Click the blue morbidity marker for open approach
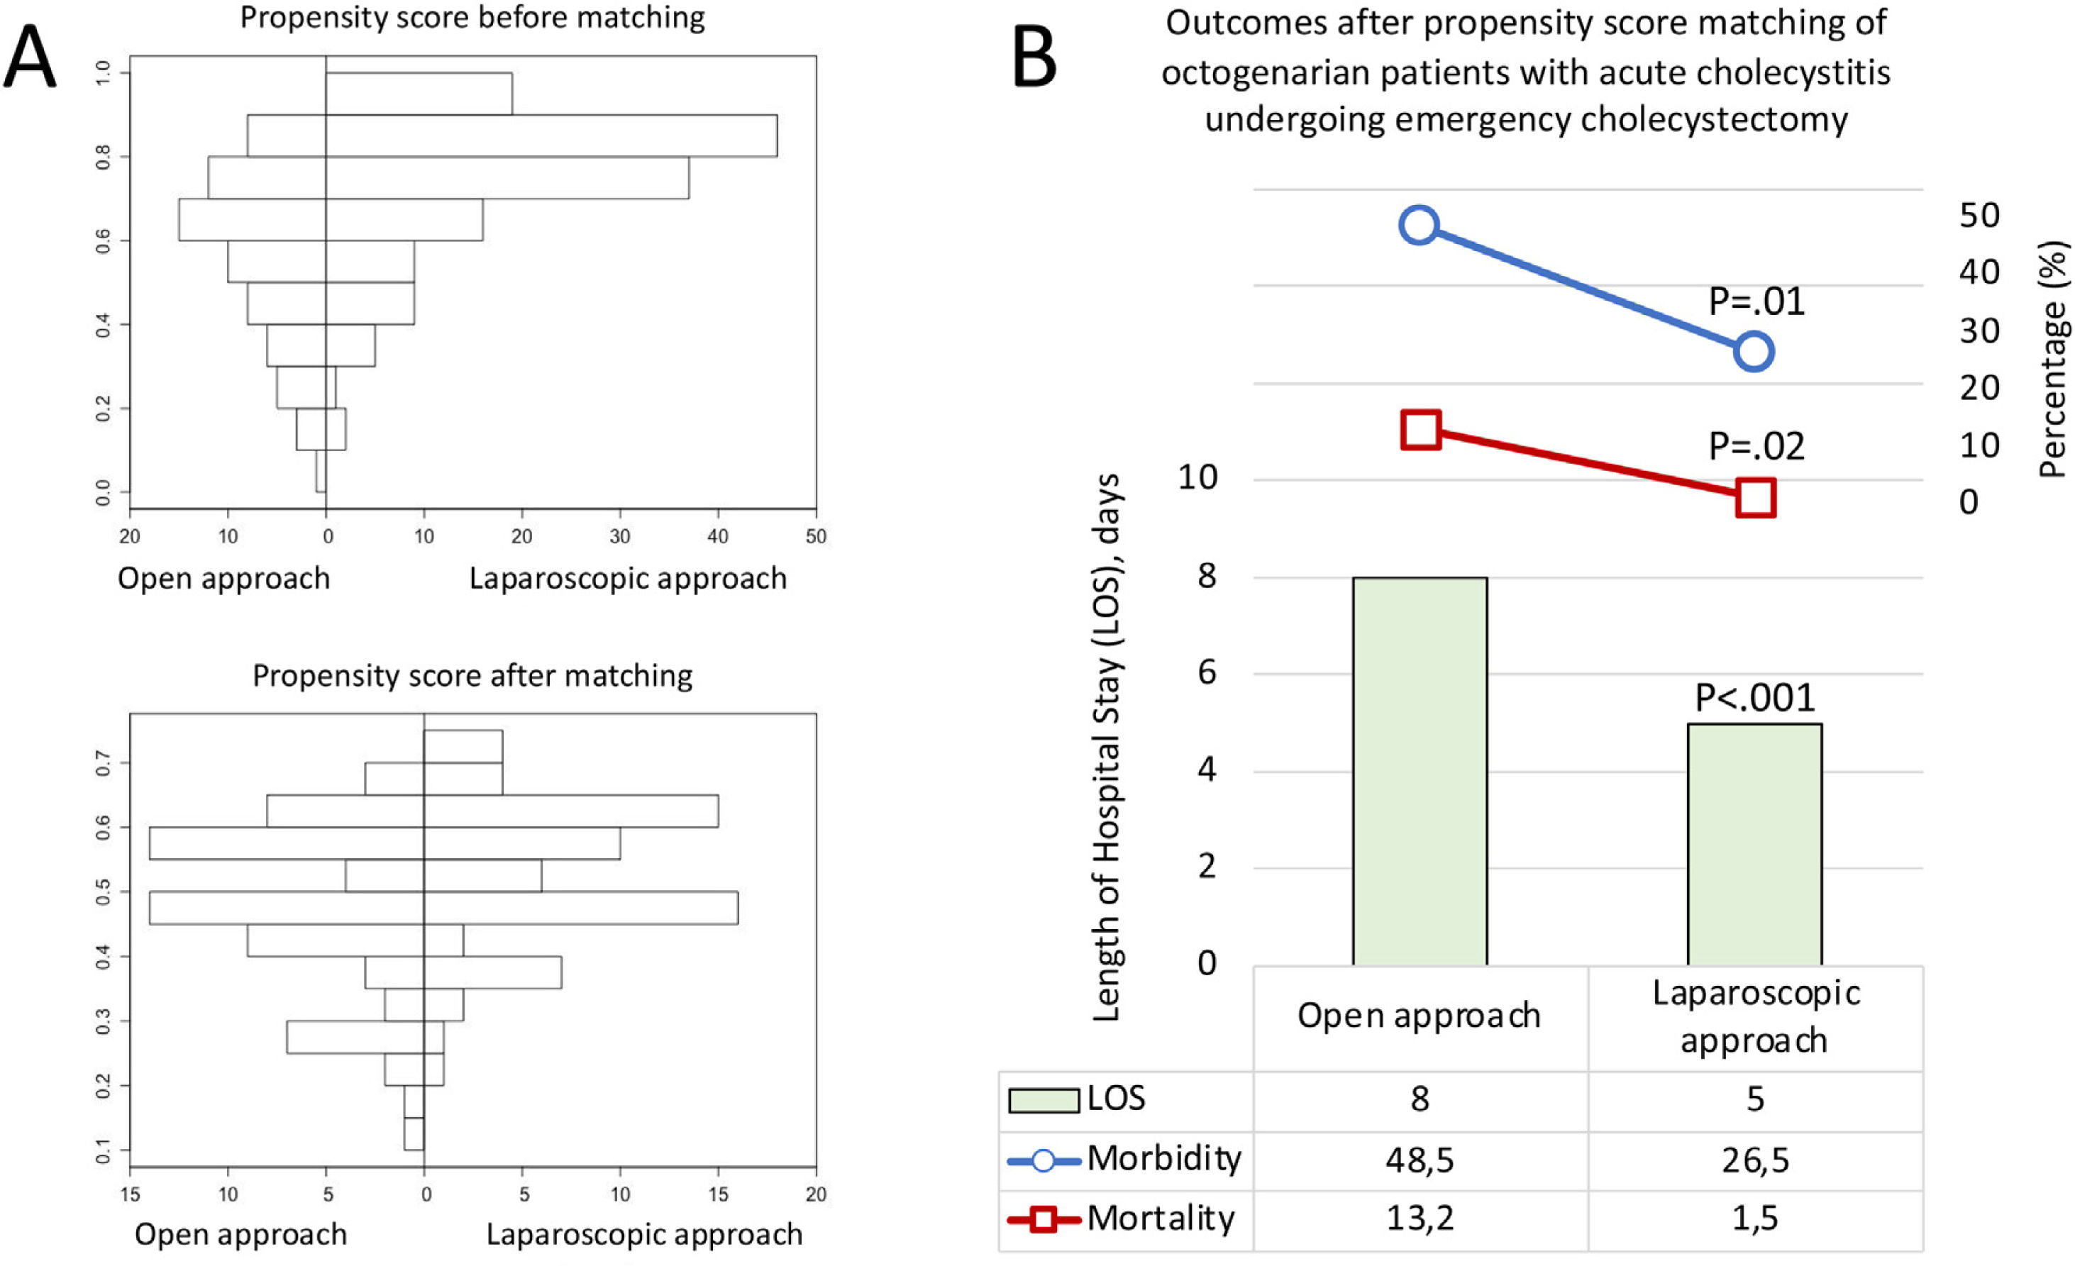point(1419,225)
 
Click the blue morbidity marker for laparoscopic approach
point(1754,351)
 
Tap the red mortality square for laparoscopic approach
point(1756,497)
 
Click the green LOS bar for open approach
point(1420,770)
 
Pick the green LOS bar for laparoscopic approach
point(1755,843)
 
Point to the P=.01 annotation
point(1756,302)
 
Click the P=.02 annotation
point(1756,447)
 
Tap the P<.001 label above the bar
point(1755,699)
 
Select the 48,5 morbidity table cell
point(1420,1160)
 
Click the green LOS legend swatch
point(1044,1100)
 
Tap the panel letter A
point(31,57)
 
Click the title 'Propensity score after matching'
point(472,676)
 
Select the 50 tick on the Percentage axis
point(1979,216)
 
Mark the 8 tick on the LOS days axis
point(1207,577)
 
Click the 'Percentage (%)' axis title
point(2053,360)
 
